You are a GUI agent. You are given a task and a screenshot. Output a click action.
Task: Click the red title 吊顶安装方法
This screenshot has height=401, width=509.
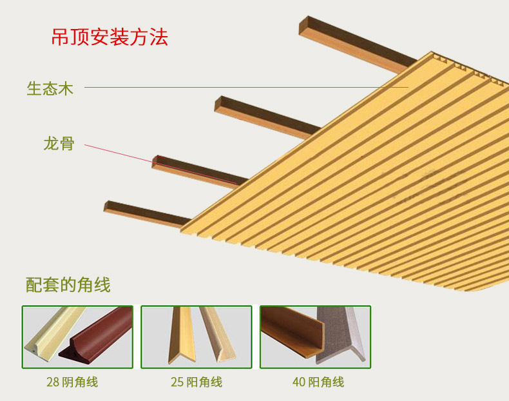(x=110, y=37)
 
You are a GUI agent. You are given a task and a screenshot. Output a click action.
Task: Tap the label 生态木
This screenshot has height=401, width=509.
(x=50, y=88)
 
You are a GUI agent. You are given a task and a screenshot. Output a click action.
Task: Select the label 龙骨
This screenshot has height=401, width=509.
(x=59, y=144)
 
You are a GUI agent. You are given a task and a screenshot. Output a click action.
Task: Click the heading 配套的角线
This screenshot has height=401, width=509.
(x=68, y=285)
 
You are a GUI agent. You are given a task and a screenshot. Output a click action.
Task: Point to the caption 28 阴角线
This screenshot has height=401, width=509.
(x=72, y=382)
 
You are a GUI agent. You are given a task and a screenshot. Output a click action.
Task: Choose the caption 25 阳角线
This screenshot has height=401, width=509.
(x=197, y=382)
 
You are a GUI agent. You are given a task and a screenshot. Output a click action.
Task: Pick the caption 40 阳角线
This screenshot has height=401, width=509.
(x=318, y=382)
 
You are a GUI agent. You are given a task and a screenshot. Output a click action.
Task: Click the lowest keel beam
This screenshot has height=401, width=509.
(x=146, y=214)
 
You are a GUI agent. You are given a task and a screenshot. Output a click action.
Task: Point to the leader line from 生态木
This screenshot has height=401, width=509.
(x=246, y=87)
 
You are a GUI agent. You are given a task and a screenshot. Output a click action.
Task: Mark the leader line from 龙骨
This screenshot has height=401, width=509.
(x=161, y=164)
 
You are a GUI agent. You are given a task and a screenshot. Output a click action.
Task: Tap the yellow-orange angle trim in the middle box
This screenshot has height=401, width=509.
(x=182, y=335)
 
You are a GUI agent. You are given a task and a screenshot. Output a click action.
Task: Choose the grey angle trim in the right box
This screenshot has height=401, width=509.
(x=341, y=335)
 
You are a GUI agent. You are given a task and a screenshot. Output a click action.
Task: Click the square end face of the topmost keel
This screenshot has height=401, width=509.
(x=303, y=26)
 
